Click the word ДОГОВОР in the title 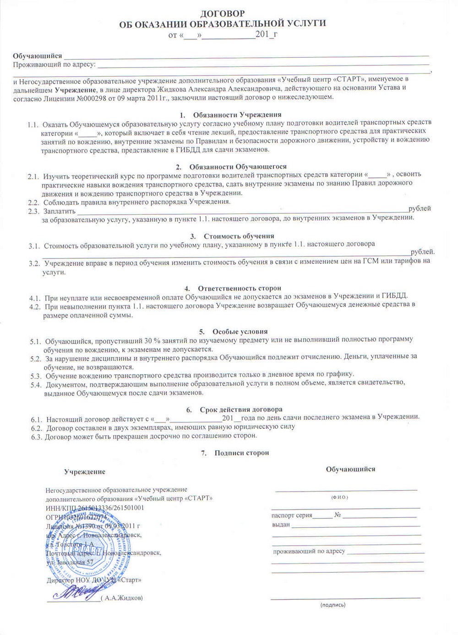223,13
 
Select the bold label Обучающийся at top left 37,56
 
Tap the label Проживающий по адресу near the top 54,64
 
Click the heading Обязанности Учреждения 237,115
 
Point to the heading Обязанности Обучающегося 238,166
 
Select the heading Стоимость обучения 239,236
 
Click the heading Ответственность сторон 239,288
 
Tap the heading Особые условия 240,331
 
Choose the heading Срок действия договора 241,409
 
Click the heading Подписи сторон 241,453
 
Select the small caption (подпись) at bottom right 333,605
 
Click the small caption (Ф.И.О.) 339,497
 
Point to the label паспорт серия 292,515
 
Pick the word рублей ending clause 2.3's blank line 420,209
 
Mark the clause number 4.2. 35,307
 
